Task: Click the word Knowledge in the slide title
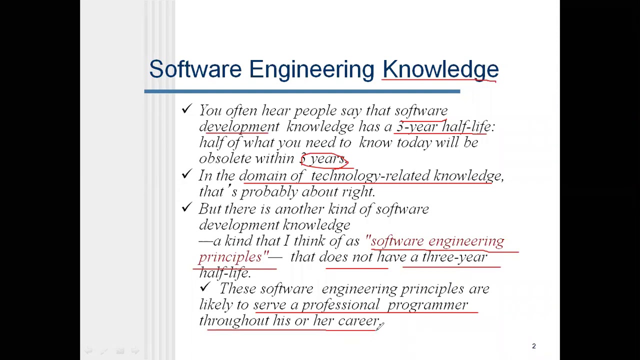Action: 440,69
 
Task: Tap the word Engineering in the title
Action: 311,69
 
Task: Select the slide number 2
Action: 533,346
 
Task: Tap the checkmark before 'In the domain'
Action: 187,174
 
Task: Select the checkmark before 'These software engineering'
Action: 205,287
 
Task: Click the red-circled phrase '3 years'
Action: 324,159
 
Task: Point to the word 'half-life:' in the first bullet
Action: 468,126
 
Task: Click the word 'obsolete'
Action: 225,158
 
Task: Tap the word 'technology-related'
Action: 370,176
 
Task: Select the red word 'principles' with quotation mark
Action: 233,257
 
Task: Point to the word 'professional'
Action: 340,305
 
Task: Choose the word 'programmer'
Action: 427,305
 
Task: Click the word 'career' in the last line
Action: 358,321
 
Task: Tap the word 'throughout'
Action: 233,321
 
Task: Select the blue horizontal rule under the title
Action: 302,91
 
